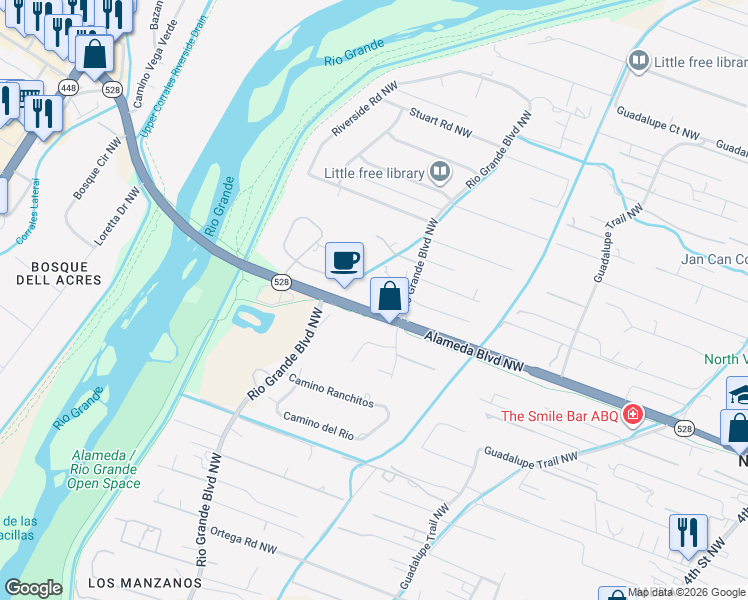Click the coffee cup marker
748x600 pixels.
[344, 261]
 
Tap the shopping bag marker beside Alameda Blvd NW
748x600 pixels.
[389, 296]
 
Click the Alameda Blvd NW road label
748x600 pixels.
[474, 353]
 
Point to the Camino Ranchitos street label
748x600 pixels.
[331, 391]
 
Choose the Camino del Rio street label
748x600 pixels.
[319, 425]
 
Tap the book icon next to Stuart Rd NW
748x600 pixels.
[439, 173]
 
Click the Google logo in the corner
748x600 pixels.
[34, 588]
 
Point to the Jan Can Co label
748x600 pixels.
[715, 259]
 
